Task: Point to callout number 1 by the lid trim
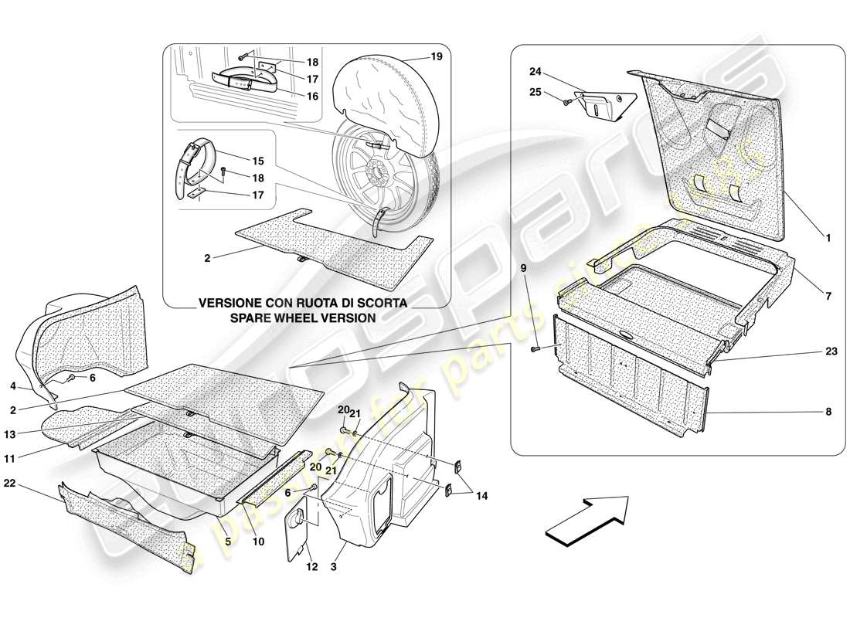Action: coord(828,239)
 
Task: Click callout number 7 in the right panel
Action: coord(828,297)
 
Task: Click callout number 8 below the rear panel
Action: coord(828,413)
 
